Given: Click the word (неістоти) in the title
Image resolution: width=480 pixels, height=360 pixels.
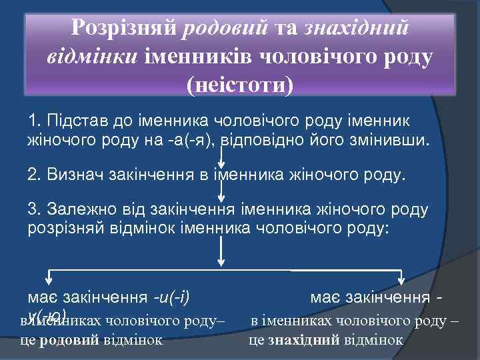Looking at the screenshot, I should click(240, 86).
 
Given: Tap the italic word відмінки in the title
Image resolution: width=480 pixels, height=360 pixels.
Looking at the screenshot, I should click(92, 57).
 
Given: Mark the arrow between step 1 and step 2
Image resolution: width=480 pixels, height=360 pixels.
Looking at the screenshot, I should click(222, 156).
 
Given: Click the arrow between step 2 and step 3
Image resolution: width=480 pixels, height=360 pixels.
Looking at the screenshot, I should click(222, 191).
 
